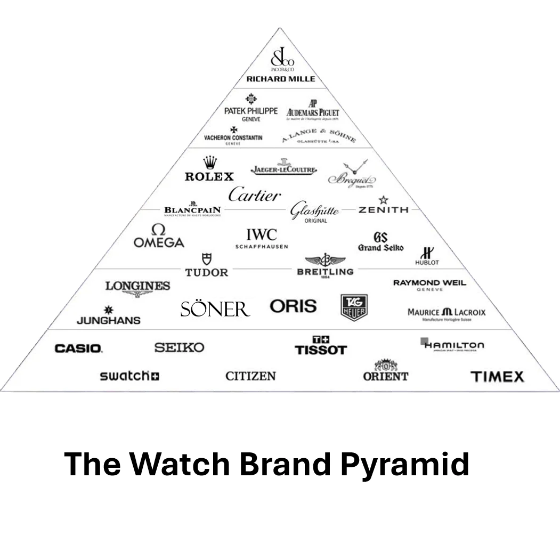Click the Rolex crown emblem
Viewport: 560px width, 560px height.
point(210,162)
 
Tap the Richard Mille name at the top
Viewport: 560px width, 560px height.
point(280,79)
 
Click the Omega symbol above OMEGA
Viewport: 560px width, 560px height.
point(158,230)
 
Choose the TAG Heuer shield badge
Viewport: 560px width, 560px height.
point(354,307)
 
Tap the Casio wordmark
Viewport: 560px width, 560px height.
point(78,348)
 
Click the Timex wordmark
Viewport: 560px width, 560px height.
point(497,377)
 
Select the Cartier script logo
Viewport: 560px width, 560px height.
point(254,195)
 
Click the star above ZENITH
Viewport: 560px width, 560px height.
point(383,200)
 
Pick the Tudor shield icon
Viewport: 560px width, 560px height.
point(206,259)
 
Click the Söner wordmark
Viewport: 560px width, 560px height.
point(215,309)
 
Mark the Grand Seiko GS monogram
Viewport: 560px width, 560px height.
point(380,238)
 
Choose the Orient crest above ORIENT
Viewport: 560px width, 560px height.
point(386,365)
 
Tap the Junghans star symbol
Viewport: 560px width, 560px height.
point(109,310)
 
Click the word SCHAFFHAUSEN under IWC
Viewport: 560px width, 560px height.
point(262,247)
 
